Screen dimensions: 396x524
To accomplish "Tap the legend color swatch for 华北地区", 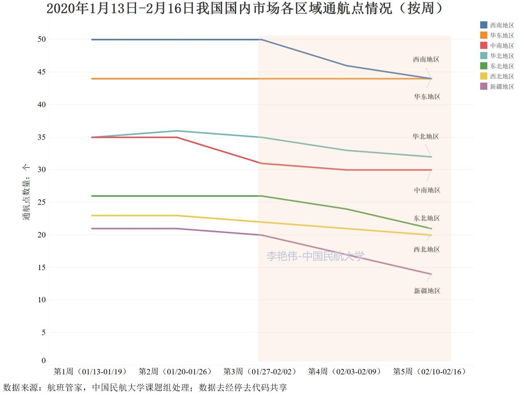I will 484,56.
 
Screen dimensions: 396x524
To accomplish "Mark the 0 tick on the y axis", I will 43,361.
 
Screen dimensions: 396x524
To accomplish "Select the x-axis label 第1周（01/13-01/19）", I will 91,371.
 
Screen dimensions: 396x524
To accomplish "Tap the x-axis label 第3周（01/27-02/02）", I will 261,371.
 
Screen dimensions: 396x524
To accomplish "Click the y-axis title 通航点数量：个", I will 26,192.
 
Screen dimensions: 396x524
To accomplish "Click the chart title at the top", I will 245,8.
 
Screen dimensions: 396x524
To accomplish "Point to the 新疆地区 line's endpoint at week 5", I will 431,274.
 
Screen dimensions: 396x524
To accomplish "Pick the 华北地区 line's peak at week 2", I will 177,131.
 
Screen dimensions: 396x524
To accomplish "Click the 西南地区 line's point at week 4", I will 346,65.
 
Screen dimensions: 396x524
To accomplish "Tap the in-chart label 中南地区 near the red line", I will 427,190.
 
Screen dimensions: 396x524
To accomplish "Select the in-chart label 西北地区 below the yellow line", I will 426,249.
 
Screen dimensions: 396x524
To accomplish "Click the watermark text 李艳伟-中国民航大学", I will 315,256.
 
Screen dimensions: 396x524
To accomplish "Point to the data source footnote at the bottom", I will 145,388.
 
